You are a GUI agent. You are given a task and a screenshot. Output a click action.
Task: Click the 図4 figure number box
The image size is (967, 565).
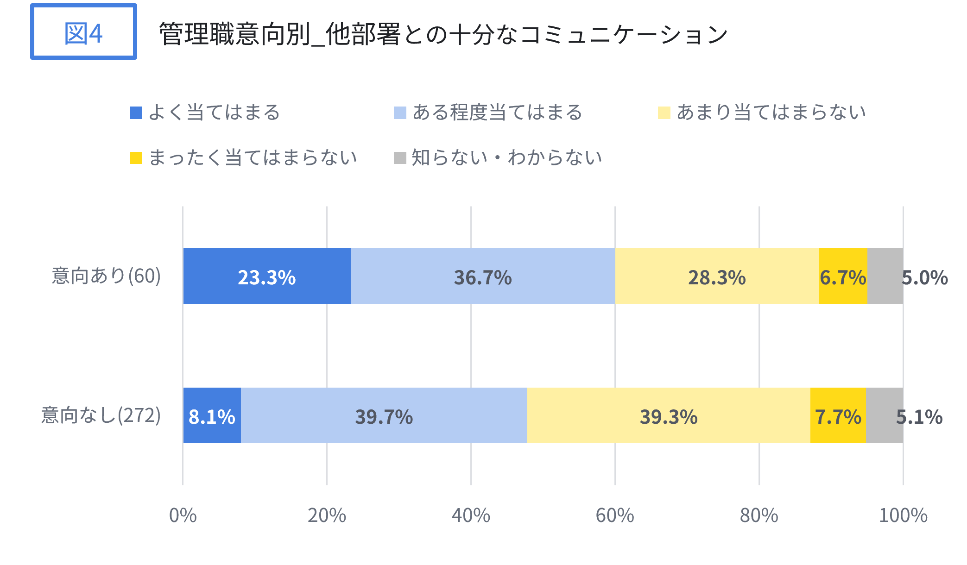click(x=83, y=32)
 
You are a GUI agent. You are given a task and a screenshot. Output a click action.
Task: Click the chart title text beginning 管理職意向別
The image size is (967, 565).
click(x=443, y=34)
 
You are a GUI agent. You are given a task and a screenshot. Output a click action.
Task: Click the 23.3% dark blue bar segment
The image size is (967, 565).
click(x=267, y=276)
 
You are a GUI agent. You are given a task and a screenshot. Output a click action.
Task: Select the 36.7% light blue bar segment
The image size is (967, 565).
click(x=483, y=276)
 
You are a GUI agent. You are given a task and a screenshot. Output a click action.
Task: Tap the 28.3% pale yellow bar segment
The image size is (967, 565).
click(x=717, y=276)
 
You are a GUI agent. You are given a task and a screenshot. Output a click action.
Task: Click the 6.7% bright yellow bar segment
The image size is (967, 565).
click(x=843, y=276)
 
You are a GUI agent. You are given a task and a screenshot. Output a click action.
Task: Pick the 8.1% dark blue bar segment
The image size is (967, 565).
click(x=212, y=416)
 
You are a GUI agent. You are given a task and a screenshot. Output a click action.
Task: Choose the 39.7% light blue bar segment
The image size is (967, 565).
click(x=384, y=416)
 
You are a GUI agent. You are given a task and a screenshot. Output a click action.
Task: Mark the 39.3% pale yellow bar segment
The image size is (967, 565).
click(x=669, y=416)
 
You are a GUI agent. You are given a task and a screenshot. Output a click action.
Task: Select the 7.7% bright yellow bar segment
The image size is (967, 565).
click(x=838, y=416)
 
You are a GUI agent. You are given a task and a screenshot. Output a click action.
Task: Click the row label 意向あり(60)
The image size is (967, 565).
click(x=106, y=276)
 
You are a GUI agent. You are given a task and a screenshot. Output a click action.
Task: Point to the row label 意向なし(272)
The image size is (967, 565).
click(x=101, y=415)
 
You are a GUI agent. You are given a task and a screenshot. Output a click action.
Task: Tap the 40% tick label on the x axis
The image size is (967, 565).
click(x=471, y=515)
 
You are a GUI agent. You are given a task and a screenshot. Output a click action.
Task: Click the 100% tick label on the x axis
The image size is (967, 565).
click(x=903, y=515)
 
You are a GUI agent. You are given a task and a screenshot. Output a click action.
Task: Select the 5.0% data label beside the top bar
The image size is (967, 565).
click(x=924, y=278)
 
